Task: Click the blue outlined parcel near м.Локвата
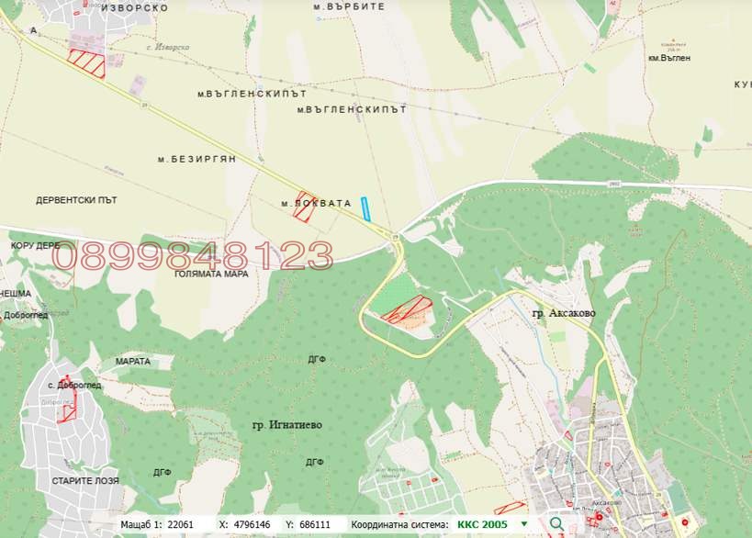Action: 365,209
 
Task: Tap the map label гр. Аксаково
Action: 563,313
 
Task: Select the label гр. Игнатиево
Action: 285,424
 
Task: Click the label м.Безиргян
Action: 196,159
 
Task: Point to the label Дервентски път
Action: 76,199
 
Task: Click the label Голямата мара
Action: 211,274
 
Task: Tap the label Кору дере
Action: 35,246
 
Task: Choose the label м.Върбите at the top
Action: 349,6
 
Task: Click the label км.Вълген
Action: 668,58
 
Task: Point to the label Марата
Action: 133,362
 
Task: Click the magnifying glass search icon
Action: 556,524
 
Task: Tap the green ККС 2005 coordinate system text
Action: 484,524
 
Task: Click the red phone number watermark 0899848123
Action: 192,256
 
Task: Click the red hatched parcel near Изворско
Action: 87,62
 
